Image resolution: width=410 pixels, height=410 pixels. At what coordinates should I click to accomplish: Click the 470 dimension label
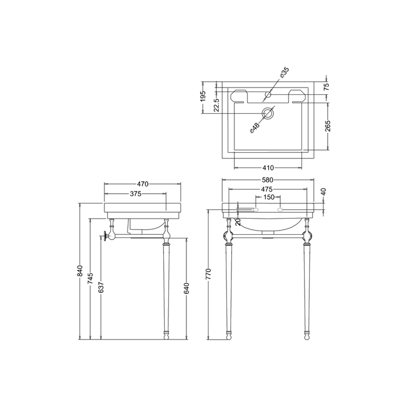(x=143, y=184)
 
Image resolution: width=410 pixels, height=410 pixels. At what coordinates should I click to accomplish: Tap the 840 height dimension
(x=80, y=271)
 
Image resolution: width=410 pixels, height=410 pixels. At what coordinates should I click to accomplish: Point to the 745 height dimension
(x=91, y=280)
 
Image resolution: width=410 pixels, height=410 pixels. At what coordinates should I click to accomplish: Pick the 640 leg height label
(x=187, y=289)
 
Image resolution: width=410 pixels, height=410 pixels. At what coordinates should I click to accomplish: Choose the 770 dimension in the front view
(x=209, y=274)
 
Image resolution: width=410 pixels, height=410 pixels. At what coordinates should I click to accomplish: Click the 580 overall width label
(x=267, y=180)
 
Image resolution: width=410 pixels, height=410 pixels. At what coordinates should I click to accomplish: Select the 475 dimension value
(x=267, y=189)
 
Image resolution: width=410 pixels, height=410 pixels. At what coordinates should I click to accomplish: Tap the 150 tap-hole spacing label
(x=268, y=197)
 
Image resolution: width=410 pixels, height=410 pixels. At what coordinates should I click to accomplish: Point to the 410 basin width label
(x=268, y=168)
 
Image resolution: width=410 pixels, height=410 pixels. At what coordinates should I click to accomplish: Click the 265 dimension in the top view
(x=328, y=126)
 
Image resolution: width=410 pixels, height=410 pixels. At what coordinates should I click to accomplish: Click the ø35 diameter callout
(x=284, y=73)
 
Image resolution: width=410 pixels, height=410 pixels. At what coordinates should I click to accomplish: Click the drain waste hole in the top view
(x=268, y=113)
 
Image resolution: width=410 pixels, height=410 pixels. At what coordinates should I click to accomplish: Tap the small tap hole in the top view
(x=268, y=95)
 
